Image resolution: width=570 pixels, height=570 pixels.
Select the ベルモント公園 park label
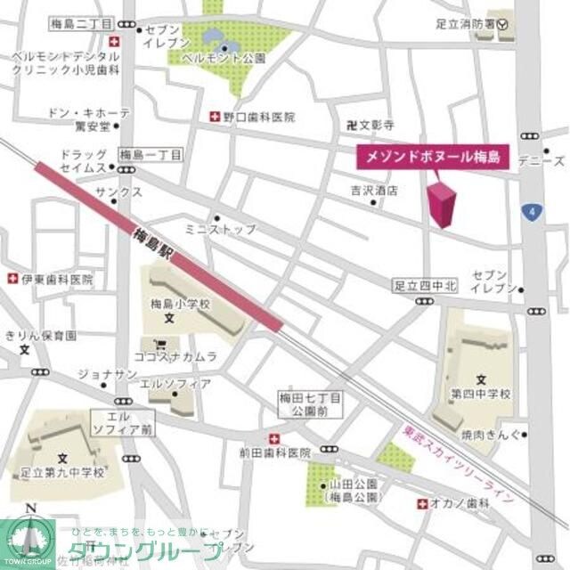(224, 59)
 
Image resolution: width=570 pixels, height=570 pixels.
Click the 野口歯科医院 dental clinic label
(258, 117)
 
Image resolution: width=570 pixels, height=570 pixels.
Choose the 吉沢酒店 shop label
(374, 190)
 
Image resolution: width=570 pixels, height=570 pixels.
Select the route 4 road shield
(533, 212)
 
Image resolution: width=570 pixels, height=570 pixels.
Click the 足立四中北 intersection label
(425, 286)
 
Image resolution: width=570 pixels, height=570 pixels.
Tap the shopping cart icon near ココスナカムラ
(160, 342)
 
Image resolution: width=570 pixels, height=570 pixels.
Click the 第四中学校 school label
(480, 393)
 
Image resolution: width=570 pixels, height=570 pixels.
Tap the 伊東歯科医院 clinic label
(57, 279)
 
